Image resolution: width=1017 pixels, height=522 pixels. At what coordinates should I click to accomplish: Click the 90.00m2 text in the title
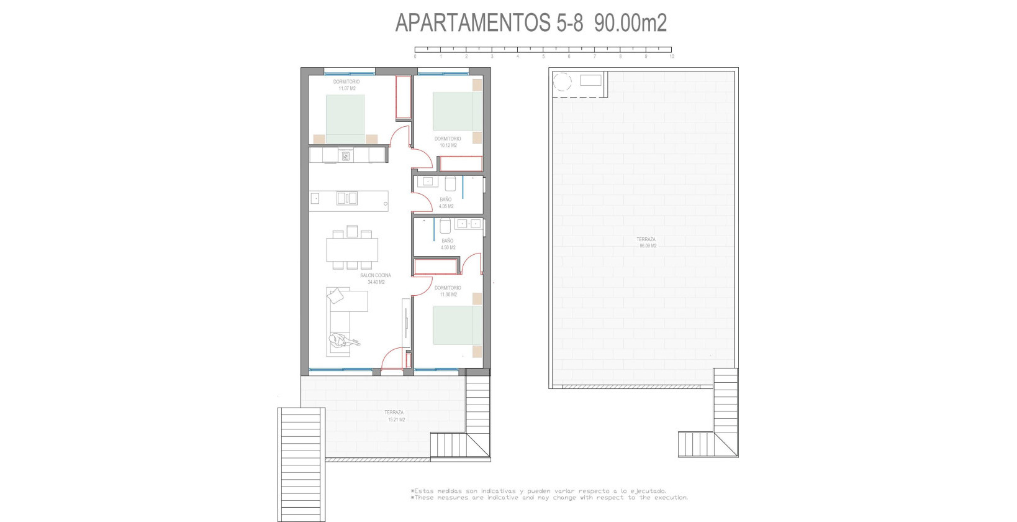pyautogui.click(x=630, y=24)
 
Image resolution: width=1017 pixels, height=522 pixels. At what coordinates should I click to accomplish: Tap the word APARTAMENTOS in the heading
pyautogui.click(x=471, y=24)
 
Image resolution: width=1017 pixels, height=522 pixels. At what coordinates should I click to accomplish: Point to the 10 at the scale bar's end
pyautogui.click(x=671, y=57)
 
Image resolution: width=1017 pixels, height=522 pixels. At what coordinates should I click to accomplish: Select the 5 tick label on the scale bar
pyautogui.click(x=543, y=57)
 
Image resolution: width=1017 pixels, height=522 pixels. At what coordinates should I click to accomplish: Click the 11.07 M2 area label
pyautogui.click(x=346, y=88)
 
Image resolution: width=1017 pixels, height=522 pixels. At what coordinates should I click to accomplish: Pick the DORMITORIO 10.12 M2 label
pyautogui.click(x=448, y=142)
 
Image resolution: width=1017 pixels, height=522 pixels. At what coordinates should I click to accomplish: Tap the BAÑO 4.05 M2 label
pyautogui.click(x=446, y=203)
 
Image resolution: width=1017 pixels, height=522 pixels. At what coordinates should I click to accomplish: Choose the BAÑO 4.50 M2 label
pyautogui.click(x=448, y=244)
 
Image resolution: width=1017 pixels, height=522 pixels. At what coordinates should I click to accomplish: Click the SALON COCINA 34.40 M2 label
pyautogui.click(x=376, y=278)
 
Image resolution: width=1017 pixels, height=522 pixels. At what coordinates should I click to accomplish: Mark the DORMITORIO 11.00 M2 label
pyautogui.click(x=448, y=291)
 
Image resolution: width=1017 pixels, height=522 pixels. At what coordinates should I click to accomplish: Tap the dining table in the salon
pyautogui.click(x=352, y=250)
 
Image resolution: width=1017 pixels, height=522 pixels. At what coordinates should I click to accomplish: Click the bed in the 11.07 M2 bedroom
pyautogui.click(x=345, y=118)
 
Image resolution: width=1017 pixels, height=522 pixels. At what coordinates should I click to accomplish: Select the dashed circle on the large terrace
pyautogui.click(x=563, y=81)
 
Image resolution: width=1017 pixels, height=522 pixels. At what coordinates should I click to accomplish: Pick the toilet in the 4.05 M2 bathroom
pyautogui.click(x=451, y=183)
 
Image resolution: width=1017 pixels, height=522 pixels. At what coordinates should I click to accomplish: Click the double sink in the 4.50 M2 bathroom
pyautogui.click(x=468, y=224)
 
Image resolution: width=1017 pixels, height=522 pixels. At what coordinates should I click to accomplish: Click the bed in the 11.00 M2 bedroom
pyautogui.click(x=458, y=325)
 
